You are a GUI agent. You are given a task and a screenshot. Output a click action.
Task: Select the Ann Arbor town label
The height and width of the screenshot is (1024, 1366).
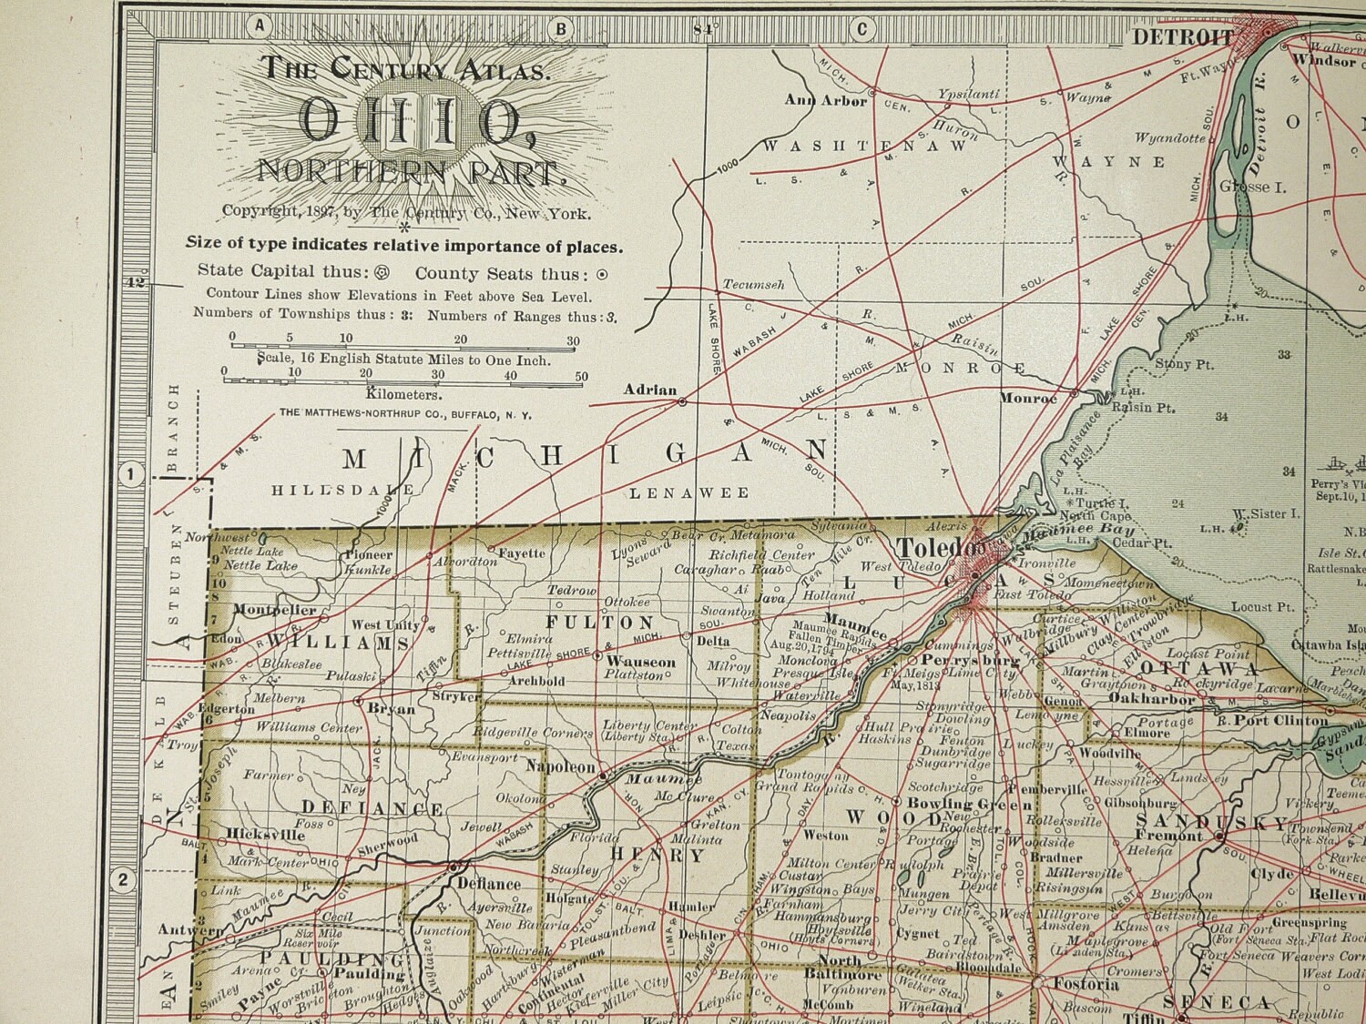pyautogui.click(x=825, y=101)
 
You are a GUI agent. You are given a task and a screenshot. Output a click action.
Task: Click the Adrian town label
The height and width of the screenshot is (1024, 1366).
pyautogui.click(x=649, y=390)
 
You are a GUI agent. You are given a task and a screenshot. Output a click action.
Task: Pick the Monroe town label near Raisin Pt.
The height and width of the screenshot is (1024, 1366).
pyautogui.click(x=1028, y=398)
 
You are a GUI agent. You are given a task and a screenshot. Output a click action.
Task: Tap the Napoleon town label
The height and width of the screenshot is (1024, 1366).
pyautogui.click(x=560, y=767)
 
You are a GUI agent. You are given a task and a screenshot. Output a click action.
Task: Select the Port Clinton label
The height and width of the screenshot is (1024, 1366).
pyautogui.click(x=1280, y=721)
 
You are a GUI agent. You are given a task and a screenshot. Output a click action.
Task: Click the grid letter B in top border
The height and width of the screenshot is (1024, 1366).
pyautogui.click(x=562, y=28)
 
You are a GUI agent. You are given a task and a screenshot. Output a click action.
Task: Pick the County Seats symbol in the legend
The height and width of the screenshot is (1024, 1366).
pyautogui.click(x=601, y=274)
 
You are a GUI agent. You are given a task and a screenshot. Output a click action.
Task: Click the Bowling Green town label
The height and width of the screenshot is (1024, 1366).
pyautogui.click(x=971, y=804)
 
